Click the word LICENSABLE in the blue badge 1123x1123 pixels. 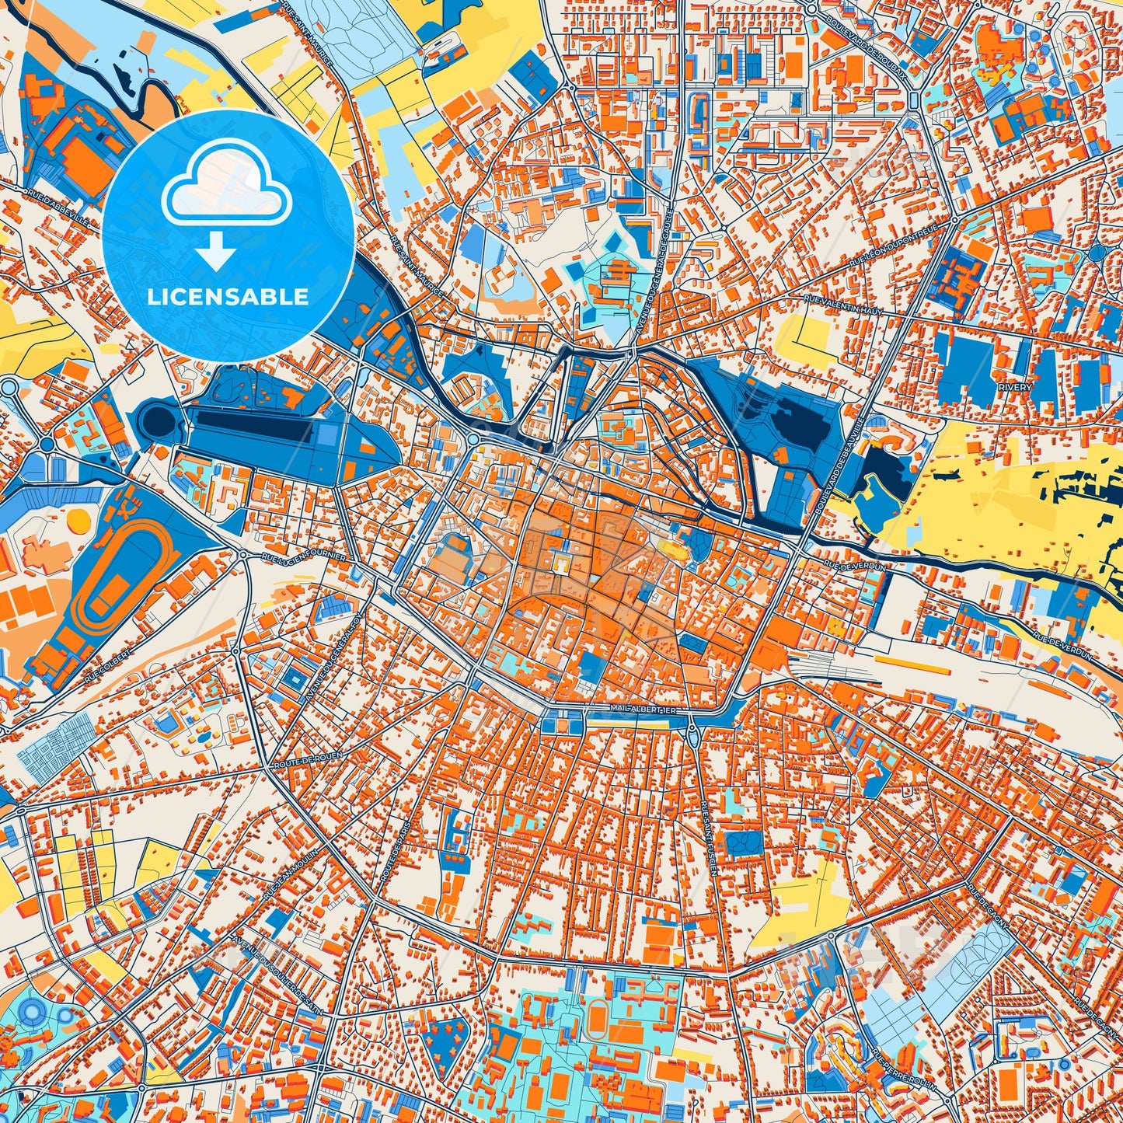[x=228, y=297]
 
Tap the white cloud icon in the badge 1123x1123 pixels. [x=226, y=192]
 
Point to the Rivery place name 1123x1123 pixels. [x=1017, y=387]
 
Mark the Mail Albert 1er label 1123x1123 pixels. [x=640, y=710]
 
